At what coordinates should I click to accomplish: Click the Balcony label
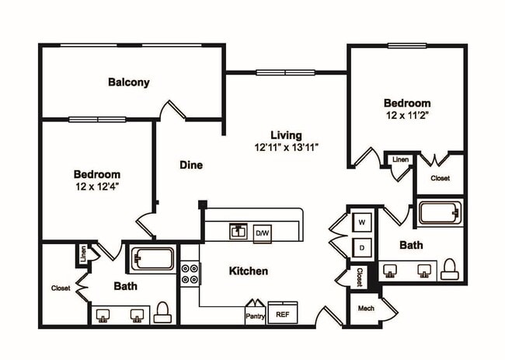[x=129, y=82]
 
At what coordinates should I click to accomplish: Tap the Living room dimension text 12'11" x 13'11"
[x=287, y=147]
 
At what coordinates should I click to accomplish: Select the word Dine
[x=191, y=165]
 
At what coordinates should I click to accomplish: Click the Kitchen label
[x=249, y=271]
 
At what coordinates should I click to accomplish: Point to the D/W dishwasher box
[x=263, y=232]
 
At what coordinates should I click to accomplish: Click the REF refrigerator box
[x=282, y=315]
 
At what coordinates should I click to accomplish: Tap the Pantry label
[x=256, y=316]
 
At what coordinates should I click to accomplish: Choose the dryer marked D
[x=362, y=248]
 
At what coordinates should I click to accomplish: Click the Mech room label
[x=366, y=309]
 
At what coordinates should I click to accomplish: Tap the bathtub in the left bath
[x=151, y=258]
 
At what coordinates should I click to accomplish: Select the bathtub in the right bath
[x=440, y=213]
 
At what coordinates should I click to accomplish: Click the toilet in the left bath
[x=162, y=313]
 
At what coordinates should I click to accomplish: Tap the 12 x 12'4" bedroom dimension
[x=97, y=186]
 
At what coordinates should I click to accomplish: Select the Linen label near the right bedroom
[x=400, y=159]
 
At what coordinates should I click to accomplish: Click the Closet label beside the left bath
[x=61, y=288]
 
